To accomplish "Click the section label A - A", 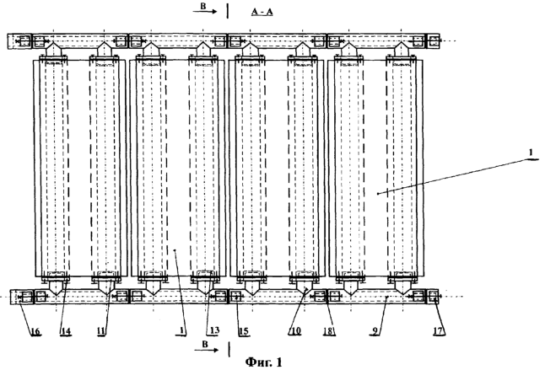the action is click(262, 12).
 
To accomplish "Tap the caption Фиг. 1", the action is click(264, 362).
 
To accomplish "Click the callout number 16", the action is click(35, 330).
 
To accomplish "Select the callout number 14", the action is click(65, 330).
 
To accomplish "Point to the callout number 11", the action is click(100, 330).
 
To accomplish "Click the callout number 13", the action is click(214, 330).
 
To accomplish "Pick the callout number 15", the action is click(244, 330).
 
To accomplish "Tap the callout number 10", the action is click(294, 330).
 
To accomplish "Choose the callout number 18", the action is click(329, 330).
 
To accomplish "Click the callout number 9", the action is click(375, 330).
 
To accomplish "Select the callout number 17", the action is click(439, 330).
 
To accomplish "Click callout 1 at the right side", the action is click(531, 153).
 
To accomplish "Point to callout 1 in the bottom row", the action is click(181, 330).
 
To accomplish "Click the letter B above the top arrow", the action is click(203, 6).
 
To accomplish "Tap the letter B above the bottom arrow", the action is click(205, 344).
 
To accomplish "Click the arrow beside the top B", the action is click(205, 12).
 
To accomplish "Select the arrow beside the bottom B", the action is click(207, 350).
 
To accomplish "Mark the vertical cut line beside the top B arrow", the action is click(228, 11).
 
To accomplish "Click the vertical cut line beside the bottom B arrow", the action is click(229, 349).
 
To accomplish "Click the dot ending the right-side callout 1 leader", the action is click(378, 194).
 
